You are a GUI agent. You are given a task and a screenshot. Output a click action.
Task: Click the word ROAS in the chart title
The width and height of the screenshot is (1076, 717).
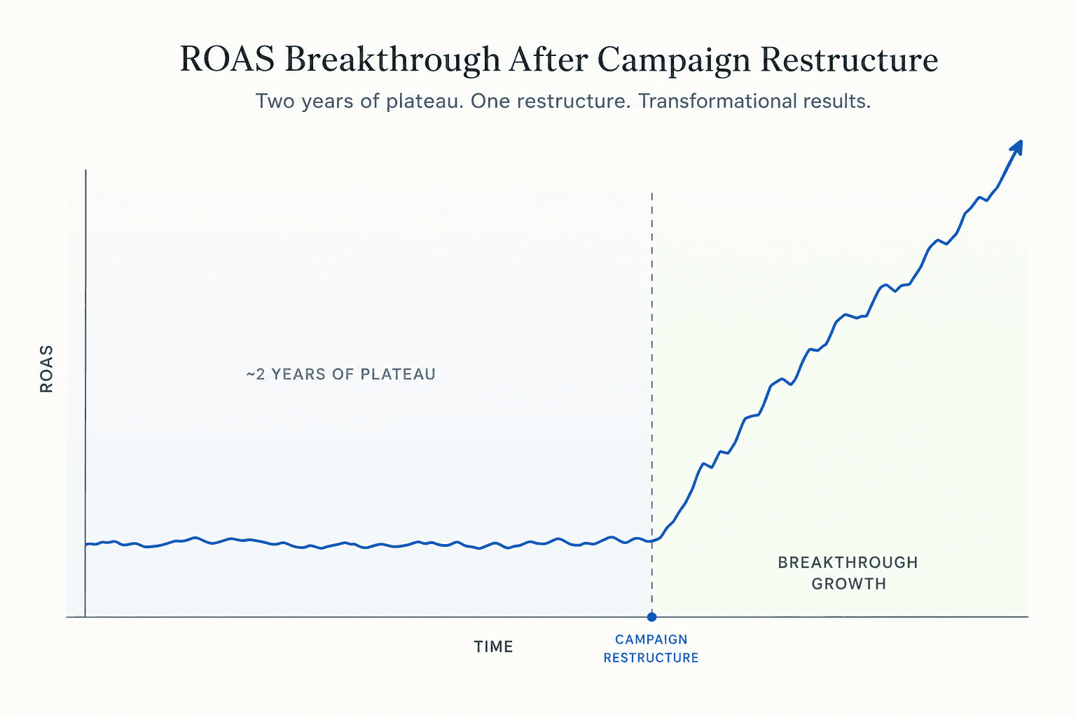(x=227, y=60)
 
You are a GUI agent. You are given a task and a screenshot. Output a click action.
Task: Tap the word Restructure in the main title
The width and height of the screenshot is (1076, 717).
(x=849, y=60)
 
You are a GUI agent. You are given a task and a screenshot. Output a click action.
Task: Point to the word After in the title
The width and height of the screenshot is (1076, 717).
(x=549, y=60)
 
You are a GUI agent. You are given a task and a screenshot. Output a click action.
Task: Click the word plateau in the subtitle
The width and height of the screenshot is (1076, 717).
(x=425, y=102)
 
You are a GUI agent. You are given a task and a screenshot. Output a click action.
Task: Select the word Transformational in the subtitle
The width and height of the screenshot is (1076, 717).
(x=715, y=101)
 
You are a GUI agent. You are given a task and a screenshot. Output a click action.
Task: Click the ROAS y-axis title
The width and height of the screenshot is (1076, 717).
(x=47, y=369)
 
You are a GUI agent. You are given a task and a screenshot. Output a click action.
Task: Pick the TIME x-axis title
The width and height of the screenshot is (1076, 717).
(x=494, y=647)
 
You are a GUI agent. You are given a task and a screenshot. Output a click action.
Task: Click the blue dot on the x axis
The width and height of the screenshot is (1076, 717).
(x=652, y=617)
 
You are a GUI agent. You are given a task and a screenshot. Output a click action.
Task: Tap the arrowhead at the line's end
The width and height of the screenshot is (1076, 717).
(x=1017, y=147)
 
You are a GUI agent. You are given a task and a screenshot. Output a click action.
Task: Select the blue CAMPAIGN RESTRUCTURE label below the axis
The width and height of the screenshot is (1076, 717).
(x=651, y=648)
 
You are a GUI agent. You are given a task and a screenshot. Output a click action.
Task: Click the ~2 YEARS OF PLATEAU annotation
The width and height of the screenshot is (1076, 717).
(x=341, y=374)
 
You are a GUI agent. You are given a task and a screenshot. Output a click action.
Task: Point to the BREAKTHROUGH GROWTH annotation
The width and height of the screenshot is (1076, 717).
(x=848, y=573)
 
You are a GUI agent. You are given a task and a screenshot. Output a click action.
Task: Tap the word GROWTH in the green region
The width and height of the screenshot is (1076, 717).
(x=849, y=583)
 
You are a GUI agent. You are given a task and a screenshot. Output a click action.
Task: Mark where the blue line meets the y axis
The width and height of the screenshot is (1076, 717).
(x=86, y=544)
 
